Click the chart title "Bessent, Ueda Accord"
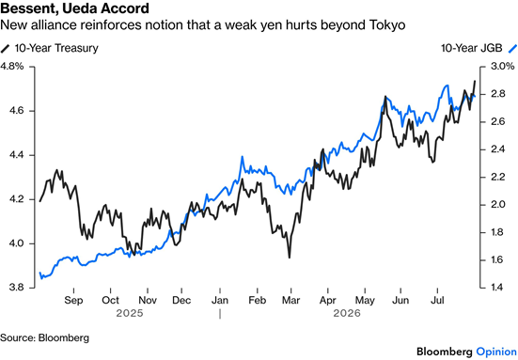tap(74, 8)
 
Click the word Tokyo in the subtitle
tap(387, 25)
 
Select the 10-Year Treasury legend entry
tap(50, 48)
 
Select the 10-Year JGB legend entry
tap(479, 48)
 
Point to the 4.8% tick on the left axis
tap(12, 67)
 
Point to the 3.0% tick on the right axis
tap(502, 67)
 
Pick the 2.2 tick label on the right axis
tap(498, 177)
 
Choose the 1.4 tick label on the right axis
tap(498, 288)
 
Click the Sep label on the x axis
tap(73, 300)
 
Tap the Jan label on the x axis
tap(220, 300)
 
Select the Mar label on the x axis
tap(290, 300)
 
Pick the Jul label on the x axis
tap(437, 300)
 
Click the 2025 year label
tap(130, 313)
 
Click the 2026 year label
tap(347, 313)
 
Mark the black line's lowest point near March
tap(290, 258)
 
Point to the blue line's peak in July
tap(447, 86)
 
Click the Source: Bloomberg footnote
tap(44, 337)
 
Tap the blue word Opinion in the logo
tap(496, 352)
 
